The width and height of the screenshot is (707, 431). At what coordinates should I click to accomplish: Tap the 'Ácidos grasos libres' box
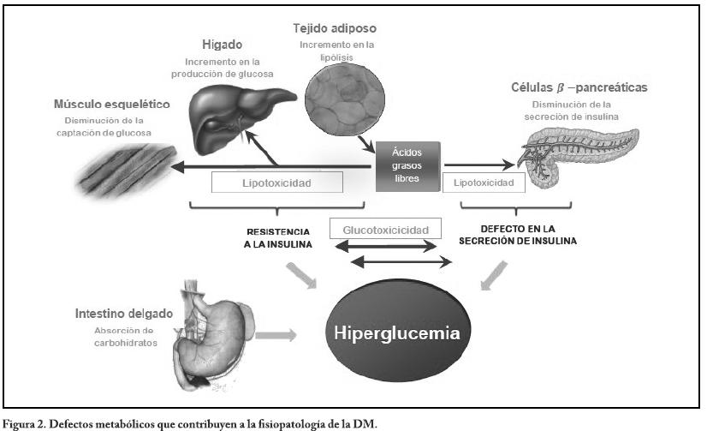(408, 163)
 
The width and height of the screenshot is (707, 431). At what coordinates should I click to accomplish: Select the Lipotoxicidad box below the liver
(277, 183)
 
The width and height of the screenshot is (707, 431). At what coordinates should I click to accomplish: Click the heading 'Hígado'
(224, 44)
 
